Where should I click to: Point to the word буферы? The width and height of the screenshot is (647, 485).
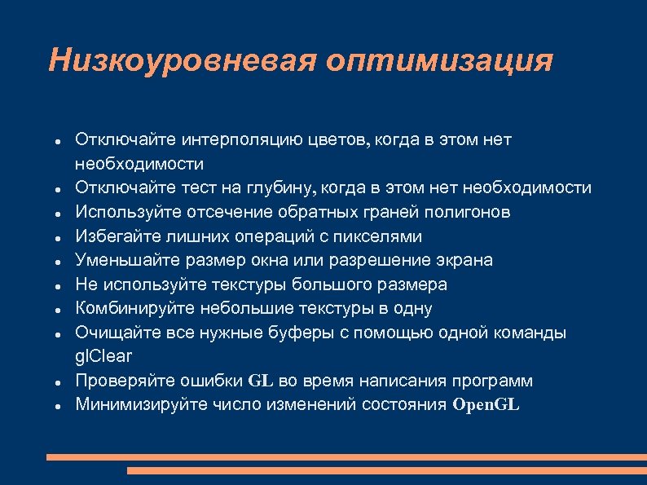(290, 333)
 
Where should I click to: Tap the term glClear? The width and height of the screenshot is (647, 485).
(103, 357)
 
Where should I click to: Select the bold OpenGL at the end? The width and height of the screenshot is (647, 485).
(486, 405)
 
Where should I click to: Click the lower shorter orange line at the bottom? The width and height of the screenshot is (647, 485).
(385, 470)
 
